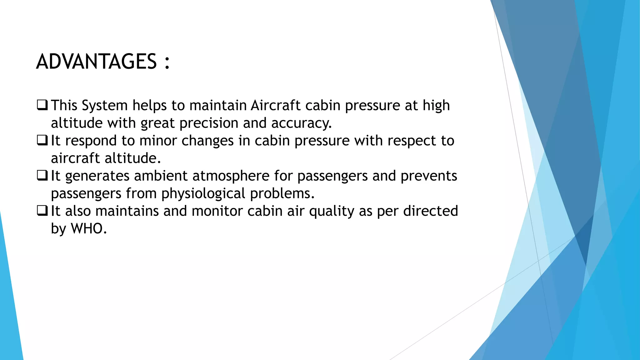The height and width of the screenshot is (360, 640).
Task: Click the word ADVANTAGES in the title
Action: point(96,62)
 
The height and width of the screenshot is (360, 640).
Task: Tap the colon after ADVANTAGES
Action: point(167,62)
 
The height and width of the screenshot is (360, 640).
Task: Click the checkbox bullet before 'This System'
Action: point(42,105)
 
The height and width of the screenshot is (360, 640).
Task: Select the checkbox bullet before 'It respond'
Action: point(42,140)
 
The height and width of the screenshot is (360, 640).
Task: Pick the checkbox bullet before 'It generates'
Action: point(42,176)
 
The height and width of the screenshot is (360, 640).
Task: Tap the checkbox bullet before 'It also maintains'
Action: point(42,211)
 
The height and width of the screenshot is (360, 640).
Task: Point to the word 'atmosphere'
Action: point(231,176)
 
